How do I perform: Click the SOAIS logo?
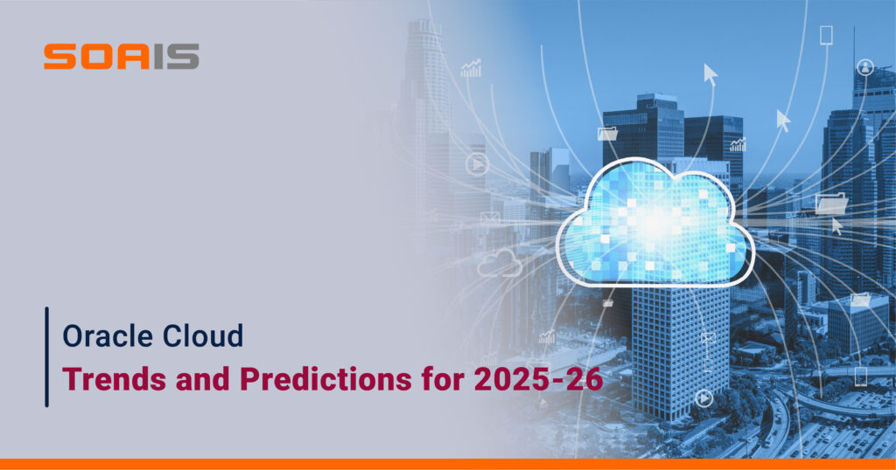click(x=121, y=57)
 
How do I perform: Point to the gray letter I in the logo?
click(x=158, y=57)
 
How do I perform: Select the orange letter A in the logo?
click(x=133, y=57)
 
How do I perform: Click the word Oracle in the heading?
click(x=106, y=335)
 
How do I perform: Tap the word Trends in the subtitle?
click(x=115, y=379)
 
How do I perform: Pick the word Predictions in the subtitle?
click(x=325, y=379)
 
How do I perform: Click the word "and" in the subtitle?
click(x=203, y=379)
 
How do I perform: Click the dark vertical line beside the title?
click(x=47, y=357)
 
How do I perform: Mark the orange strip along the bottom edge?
click(x=448, y=464)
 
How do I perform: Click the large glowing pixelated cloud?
click(x=654, y=223)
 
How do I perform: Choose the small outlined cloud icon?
click(x=500, y=262)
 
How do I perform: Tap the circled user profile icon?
click(x=865, y=67)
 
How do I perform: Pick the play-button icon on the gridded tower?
click(x=704, y=397)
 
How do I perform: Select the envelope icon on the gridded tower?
click(x=708, y=339)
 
